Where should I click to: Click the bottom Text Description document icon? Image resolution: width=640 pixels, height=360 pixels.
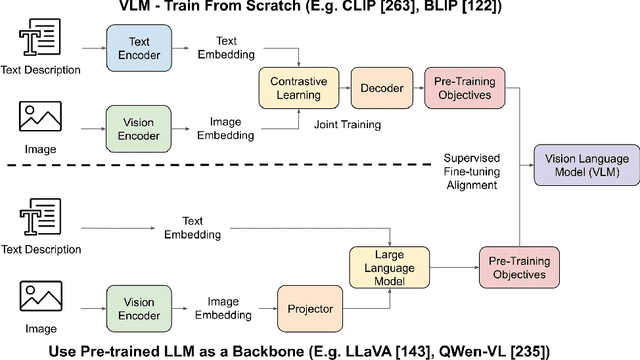38,216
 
